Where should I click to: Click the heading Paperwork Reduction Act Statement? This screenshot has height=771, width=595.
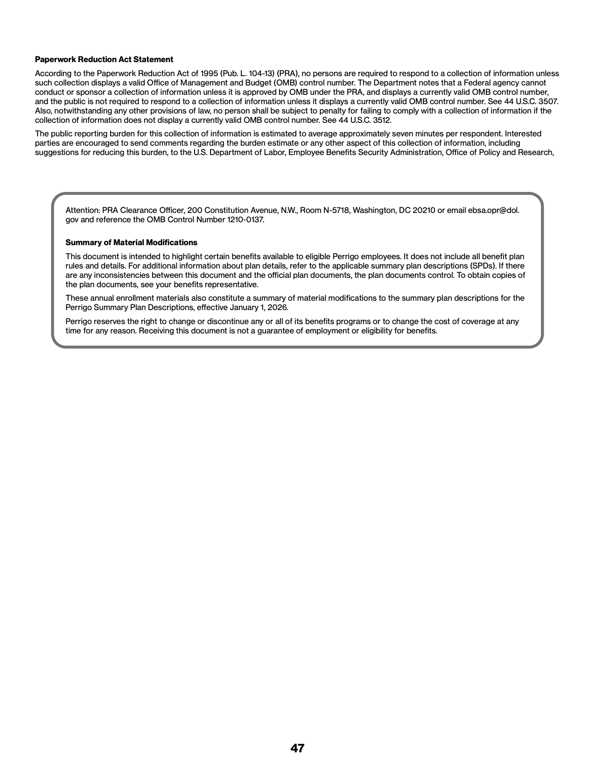(x=104, y=59)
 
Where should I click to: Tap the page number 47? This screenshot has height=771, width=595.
(x=297, y=748)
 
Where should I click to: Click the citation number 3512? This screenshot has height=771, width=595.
(x=382, y=120)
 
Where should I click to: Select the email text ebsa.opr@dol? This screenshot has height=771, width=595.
(x=494, y=210)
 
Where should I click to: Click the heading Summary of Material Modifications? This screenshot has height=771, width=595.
(x=131, y=242)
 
